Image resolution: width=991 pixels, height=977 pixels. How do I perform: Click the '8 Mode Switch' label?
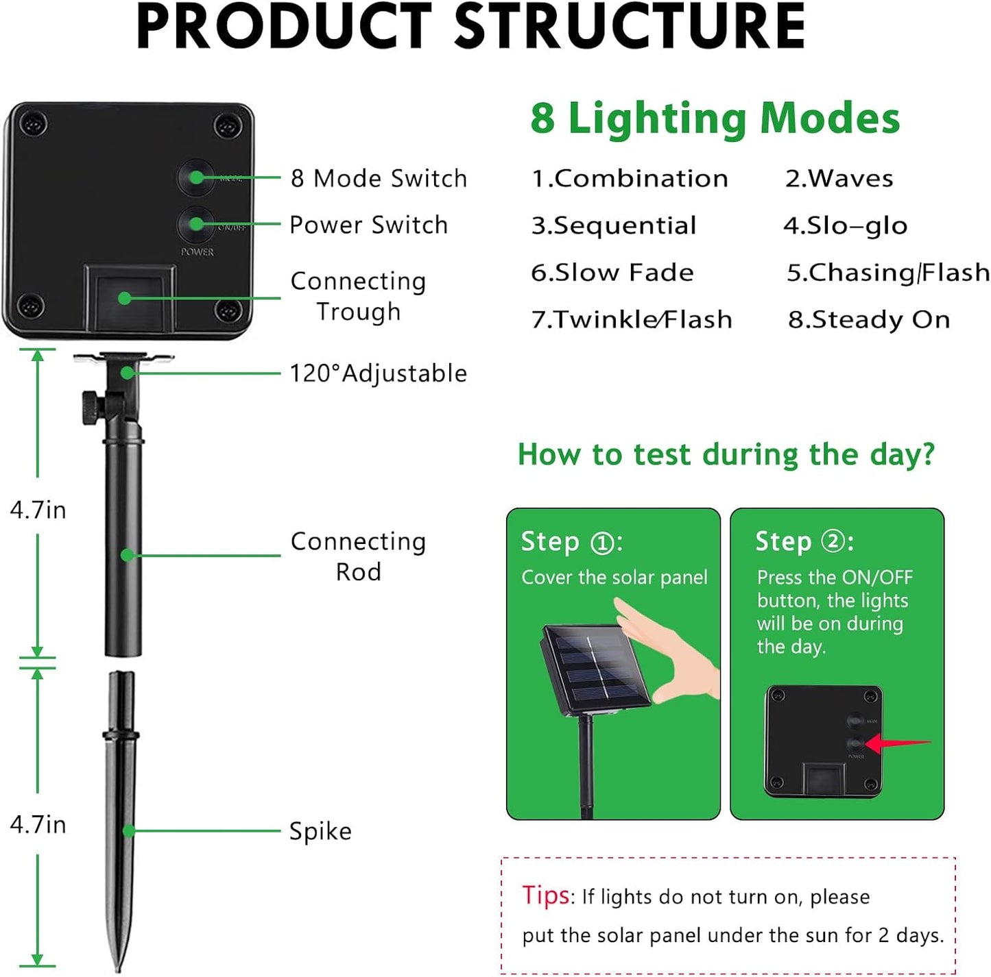point(378,178)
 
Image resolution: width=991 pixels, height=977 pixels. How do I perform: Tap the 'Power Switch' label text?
point(368,225)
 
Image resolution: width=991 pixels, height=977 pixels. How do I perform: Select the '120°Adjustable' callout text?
point(378,373)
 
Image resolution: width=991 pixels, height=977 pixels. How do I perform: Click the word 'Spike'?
point(320,831)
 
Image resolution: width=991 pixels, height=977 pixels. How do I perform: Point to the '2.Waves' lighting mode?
point(839,179)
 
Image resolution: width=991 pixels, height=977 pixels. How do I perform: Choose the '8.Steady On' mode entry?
point(868,320)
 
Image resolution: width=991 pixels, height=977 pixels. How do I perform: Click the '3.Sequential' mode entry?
point(614,225)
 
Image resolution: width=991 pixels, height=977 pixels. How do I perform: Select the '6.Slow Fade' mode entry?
point(612,273)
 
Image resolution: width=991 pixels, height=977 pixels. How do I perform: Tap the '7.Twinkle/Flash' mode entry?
point(632,320)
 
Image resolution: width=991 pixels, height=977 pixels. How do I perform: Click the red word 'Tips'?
point(546,895)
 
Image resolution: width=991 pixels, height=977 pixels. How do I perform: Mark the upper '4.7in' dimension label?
point(38,510)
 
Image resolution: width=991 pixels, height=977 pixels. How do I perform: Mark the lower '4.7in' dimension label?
point(38,824)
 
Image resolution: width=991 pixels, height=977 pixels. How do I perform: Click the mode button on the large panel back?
point(196,177)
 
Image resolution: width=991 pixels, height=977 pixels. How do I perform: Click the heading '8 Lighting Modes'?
point(715,118)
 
